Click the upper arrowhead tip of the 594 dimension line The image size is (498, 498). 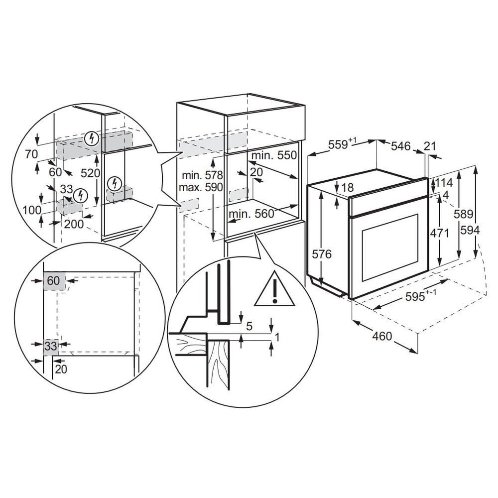[x=475, y=166]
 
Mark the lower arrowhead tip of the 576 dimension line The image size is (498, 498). [x=322, y=285]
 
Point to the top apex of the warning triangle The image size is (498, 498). [x=275, y=270]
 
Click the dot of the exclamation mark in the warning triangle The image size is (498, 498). [x=275, y=300]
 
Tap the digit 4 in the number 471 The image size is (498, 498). [x=433, y=234]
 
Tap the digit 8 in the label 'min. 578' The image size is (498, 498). [x=219, y=175]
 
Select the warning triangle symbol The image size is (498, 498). [x=275, y=288]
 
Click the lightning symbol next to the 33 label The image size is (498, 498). [x=80, y=196]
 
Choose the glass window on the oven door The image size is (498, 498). [x=390, y=248]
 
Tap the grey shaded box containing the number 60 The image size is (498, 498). [x=54, y=281]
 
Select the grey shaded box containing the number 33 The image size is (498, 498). [x=50, y=345]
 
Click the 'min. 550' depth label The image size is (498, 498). [x=274, y=155]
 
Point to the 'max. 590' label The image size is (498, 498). [x=201, y=187]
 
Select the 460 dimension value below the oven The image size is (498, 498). [x=382, y=336]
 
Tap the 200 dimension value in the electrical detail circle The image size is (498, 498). [x=74, y=224]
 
